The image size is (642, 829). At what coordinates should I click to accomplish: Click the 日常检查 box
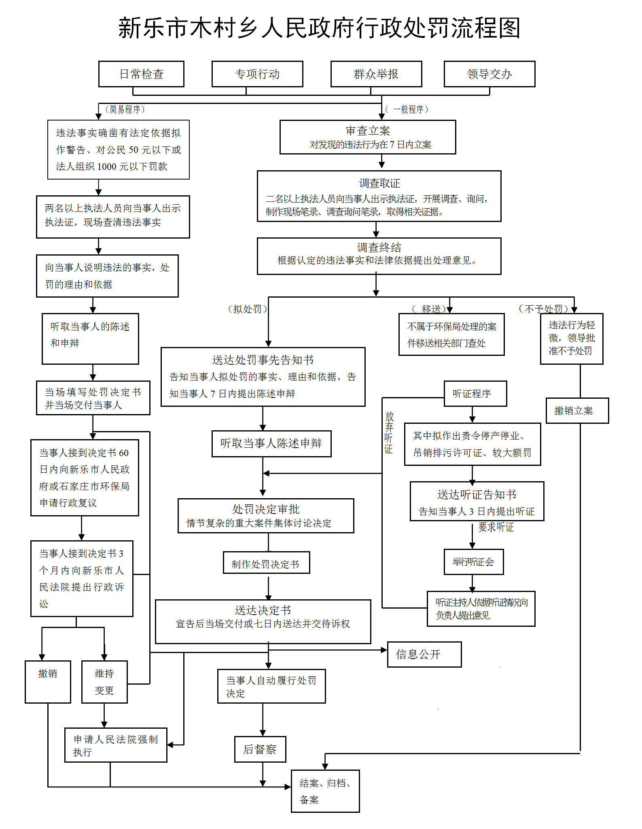click(141, 74)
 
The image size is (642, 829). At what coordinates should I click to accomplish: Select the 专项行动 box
click(257, 74)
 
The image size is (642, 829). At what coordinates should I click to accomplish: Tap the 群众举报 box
click(376, 74)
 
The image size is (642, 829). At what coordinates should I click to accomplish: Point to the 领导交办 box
click(489, 74)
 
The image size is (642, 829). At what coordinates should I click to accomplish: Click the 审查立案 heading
click(368, 131)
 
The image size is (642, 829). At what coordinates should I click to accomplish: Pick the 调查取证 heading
click(379, 183)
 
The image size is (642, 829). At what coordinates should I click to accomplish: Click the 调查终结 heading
click(379, 247)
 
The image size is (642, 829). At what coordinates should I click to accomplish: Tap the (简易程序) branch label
click(125, 109)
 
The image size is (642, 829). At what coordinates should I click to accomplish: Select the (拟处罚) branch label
click(248, 309)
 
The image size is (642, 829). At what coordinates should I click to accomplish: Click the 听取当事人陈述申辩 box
click(271, 444)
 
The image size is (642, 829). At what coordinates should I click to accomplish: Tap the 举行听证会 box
click(473, 562)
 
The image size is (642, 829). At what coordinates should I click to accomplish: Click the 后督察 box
click(260, 749)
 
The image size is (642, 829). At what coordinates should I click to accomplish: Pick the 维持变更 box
click(104, 682)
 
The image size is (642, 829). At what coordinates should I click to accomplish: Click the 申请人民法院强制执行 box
click(116, 745)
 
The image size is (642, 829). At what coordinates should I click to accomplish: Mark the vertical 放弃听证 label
click(389, 432)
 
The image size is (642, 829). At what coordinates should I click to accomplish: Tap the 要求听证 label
click(496, 527)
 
